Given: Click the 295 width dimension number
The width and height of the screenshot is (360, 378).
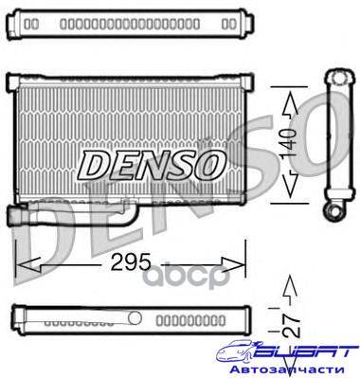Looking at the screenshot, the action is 131,262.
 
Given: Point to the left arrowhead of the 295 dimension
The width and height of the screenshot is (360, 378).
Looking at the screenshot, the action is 27,264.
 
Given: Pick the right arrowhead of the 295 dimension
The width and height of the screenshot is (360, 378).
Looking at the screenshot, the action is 233,264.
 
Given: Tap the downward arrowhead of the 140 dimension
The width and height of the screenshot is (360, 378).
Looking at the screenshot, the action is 289,184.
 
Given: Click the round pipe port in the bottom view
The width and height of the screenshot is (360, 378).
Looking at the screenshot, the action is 135,317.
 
